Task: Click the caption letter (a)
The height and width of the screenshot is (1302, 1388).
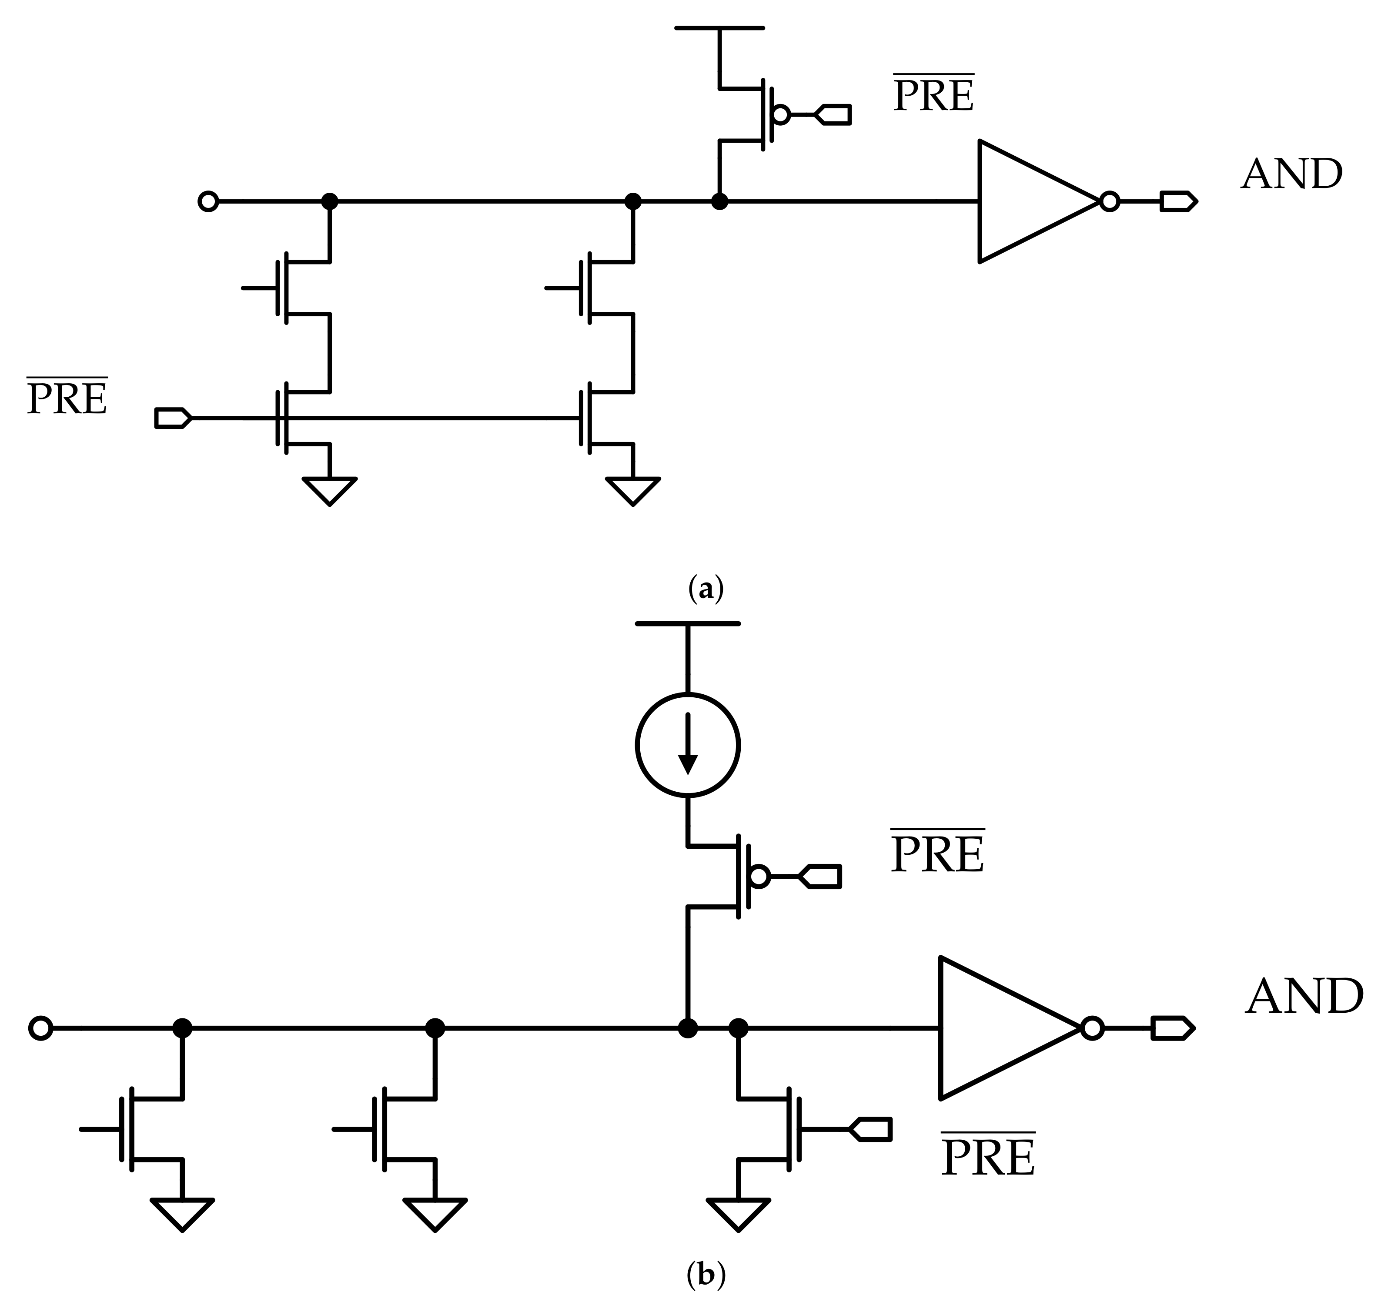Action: [705, 589]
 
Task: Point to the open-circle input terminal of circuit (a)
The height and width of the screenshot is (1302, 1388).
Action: [208, 202]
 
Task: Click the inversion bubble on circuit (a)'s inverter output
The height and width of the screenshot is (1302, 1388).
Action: [1109, 202]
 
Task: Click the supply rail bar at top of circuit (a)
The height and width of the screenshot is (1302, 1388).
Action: [719, 28]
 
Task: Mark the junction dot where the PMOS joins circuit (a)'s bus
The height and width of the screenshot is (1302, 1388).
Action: [719, 202]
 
